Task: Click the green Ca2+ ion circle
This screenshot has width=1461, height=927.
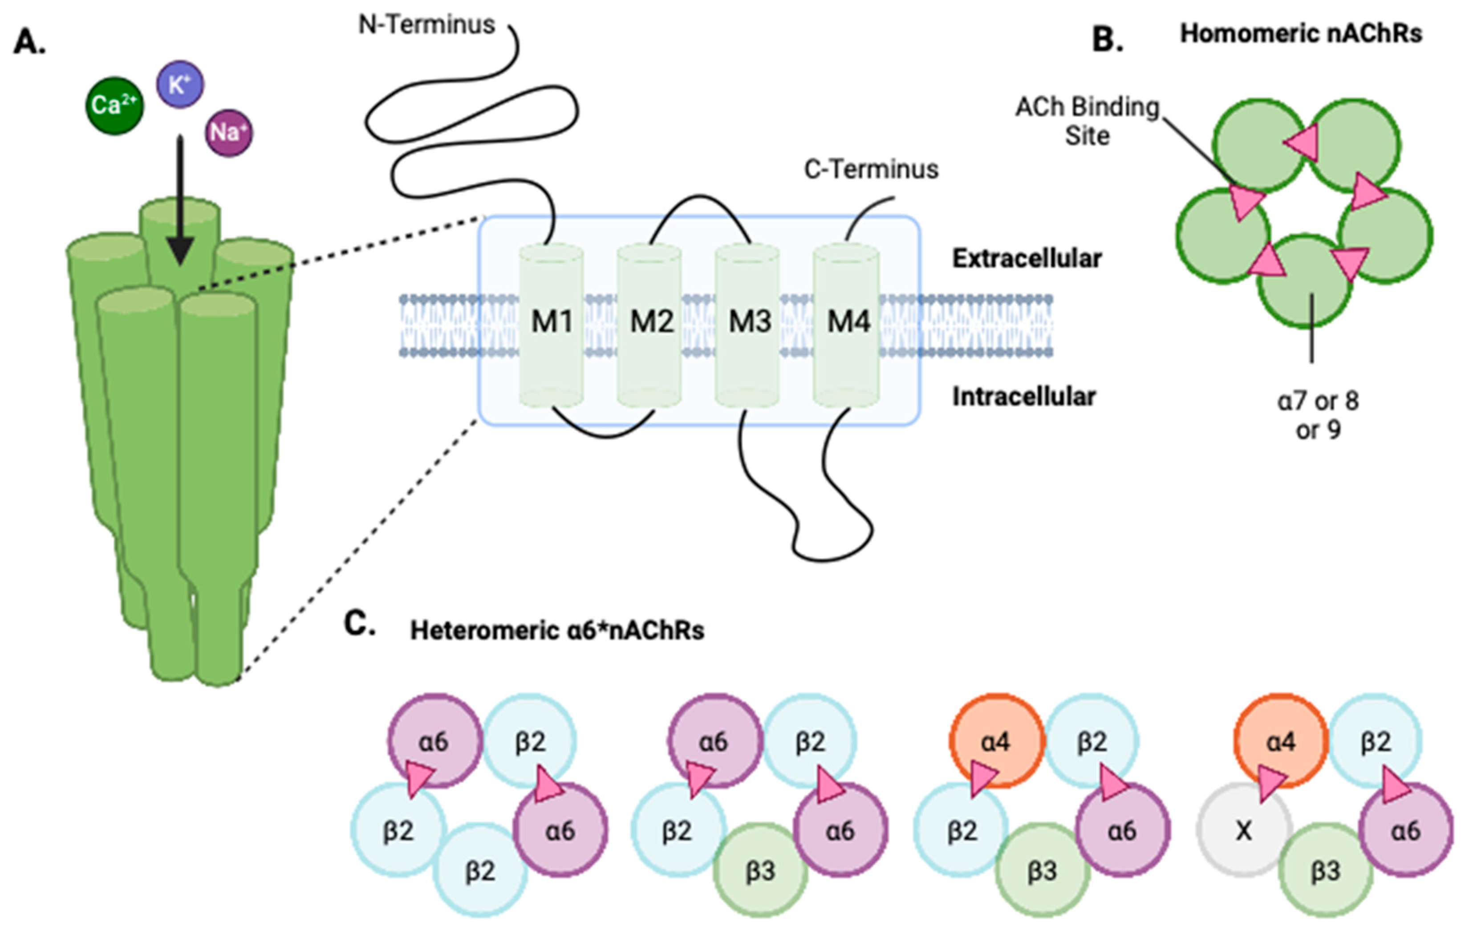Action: click(x=114, y=106)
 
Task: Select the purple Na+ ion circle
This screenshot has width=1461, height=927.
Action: click(x=229, y=133)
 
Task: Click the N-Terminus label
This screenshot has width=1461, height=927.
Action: click(x=426, y=25)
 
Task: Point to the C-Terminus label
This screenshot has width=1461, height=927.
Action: click(x=871, y=169)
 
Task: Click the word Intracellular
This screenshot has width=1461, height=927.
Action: click(x=1024, y=397)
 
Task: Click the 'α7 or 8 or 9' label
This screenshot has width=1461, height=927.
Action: click(x=1318, y=415)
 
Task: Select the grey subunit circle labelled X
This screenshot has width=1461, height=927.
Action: click(x=1244, y=830)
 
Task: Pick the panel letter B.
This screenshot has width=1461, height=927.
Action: click(x=1107, y=41)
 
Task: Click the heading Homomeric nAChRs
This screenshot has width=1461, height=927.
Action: click(x=1301, y=34)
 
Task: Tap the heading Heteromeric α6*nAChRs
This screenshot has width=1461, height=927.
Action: click(x=557, y=631)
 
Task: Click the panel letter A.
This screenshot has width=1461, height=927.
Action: click(x=29, y=42)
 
